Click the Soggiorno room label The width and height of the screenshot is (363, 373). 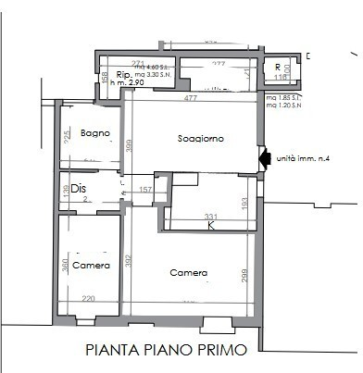pyautogui.click(x=202, y=139)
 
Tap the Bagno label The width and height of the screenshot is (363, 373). pyautogui.click(x=95, y=134)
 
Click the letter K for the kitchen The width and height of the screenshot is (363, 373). pyautogui.click(x=211, y=226)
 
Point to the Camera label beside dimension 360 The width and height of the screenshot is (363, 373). pyautogui.click(x=92, y=266)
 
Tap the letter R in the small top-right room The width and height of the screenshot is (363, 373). pyautogui.click(x=278, y=67)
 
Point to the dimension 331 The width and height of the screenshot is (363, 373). pyautogui.click(x=211, y=217)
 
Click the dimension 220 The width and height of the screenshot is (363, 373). pyautogui.click(x=88, y=299)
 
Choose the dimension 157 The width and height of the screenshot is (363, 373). pyautogui.click(x=144, y=191)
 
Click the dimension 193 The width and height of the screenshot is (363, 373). pyautogui.click(x=244, y=203)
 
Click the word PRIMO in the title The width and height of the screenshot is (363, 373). pyautogui.click(x=222, y=351)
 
